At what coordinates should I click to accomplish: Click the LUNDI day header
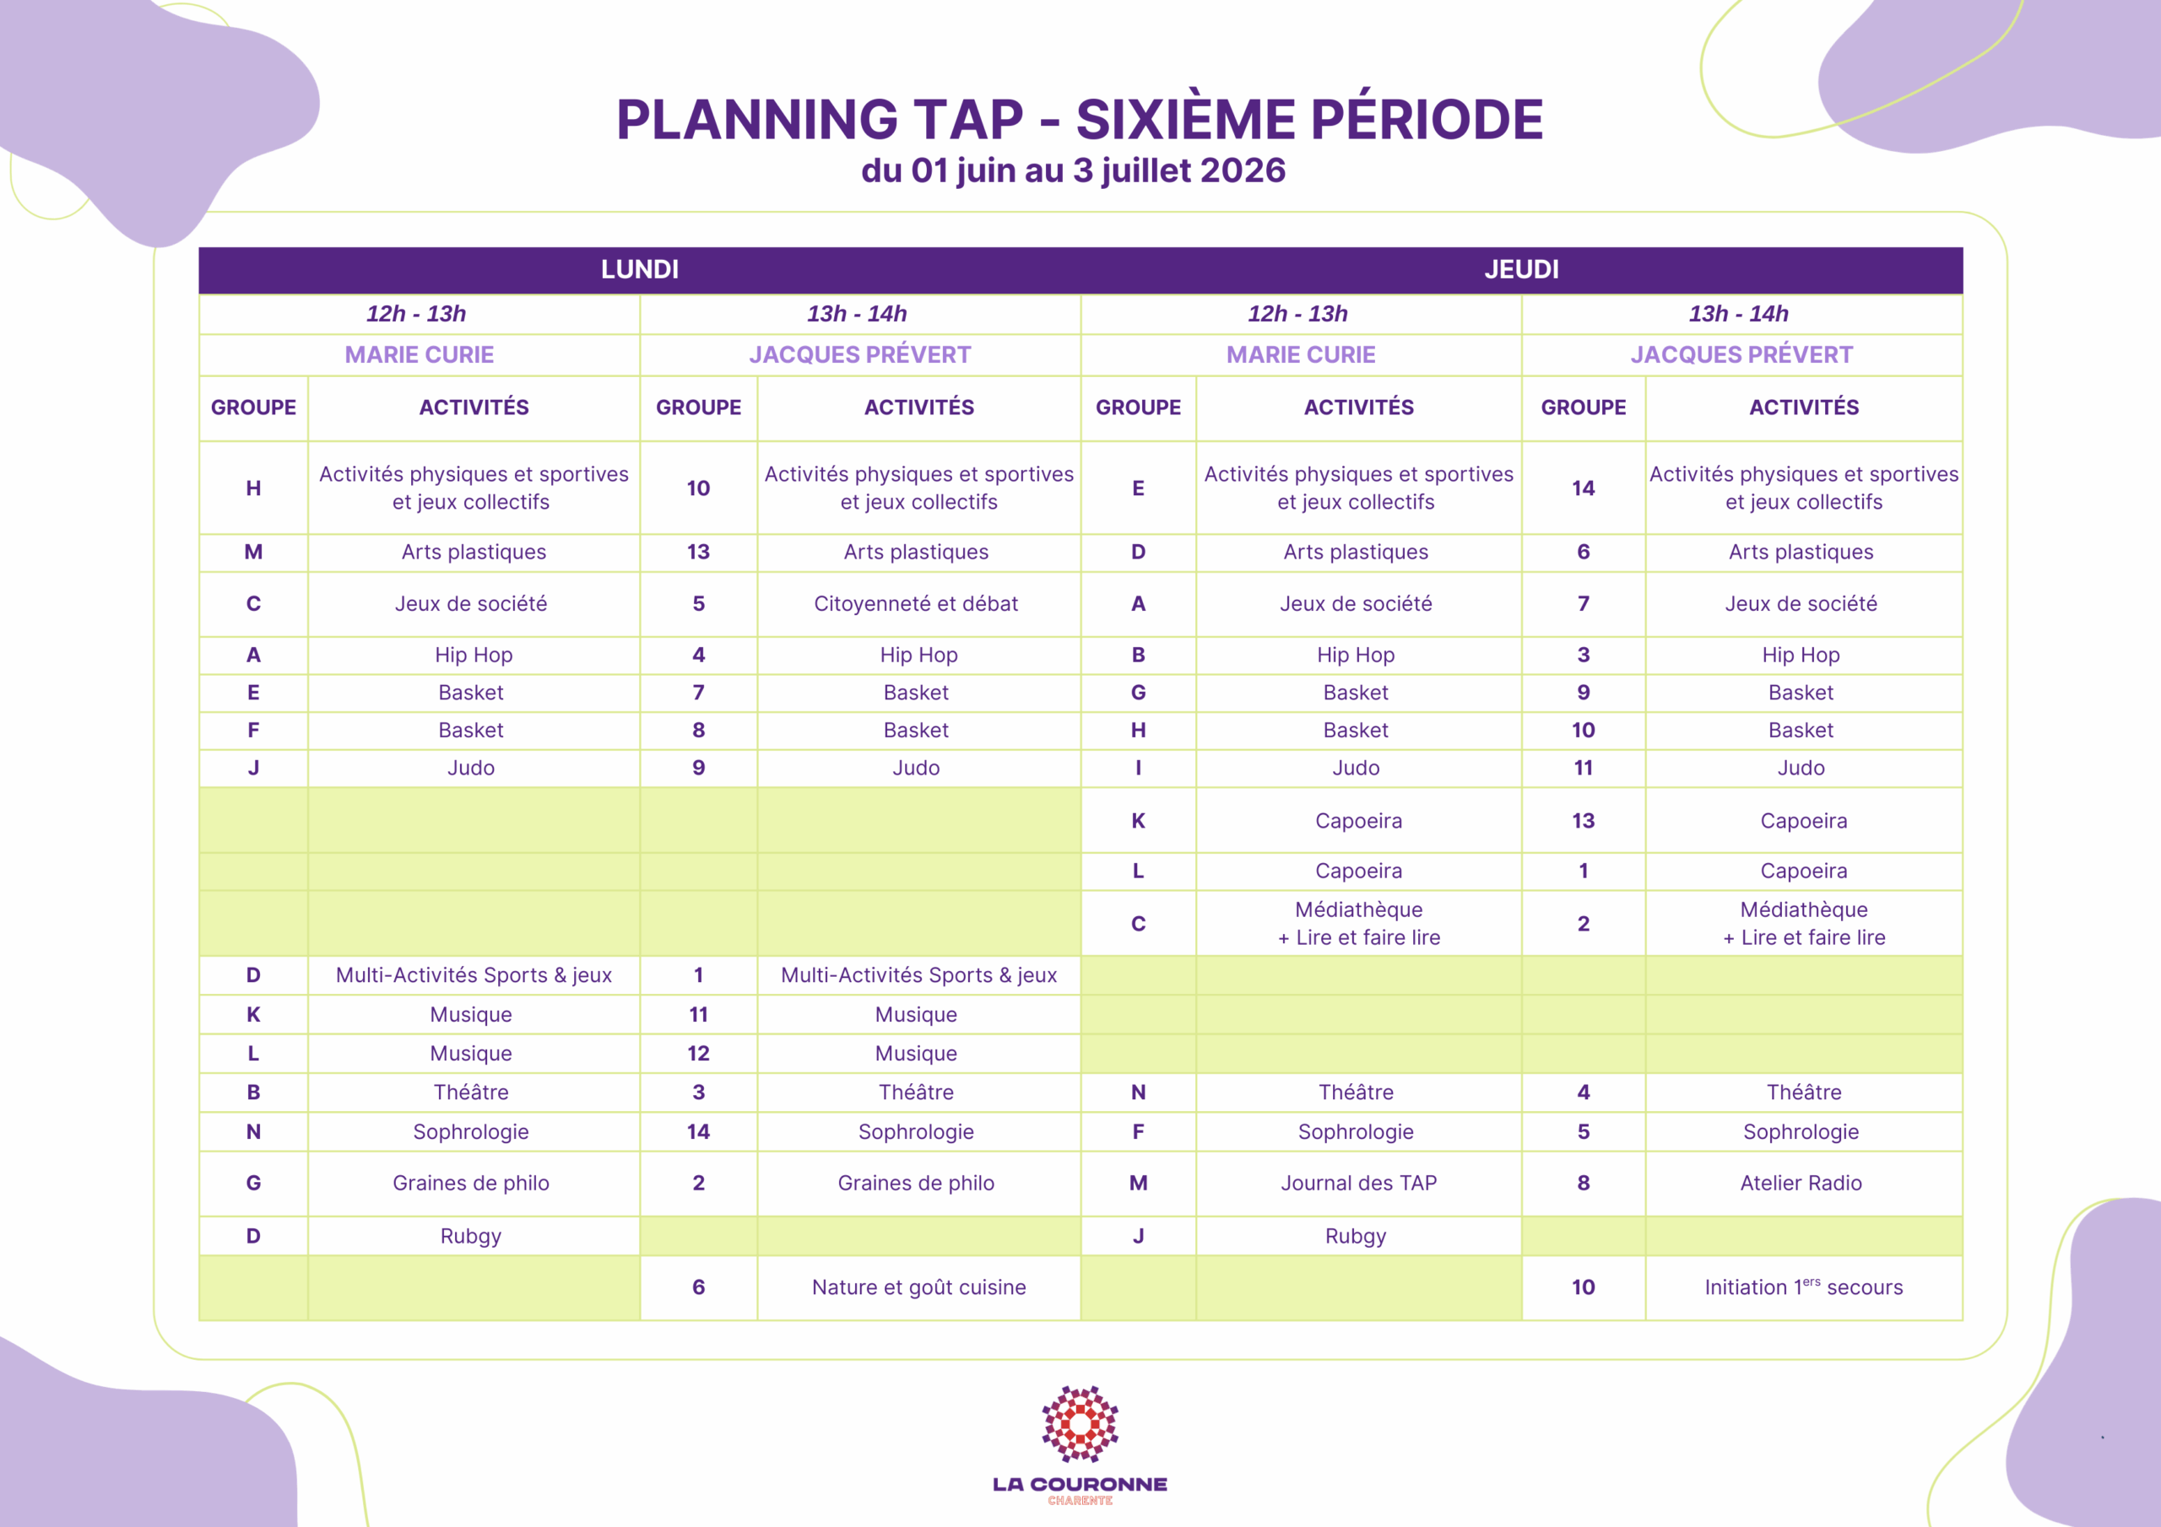point(639,269)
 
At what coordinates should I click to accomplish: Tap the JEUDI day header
point(1521,269)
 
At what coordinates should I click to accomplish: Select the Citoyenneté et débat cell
point(916,604)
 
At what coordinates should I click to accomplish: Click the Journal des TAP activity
point(1358,1183)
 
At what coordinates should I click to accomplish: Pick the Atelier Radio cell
point(1801,1183)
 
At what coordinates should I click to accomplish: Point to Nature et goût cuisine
point(918,1287)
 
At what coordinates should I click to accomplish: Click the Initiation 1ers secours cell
point(1803,1287)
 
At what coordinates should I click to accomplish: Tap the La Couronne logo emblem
point(1080,1423)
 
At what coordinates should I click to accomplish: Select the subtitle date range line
point(1073,170)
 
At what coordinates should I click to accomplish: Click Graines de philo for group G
point(470,1183)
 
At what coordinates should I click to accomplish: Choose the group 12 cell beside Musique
point(698,1054)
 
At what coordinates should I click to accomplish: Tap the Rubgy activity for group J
point(1356,1236)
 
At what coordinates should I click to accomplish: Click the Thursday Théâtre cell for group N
point(1356,1093)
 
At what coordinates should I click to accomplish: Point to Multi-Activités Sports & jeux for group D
point(474,975)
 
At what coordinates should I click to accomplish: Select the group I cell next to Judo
point(1138,768)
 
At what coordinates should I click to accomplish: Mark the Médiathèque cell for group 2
point(1803,923)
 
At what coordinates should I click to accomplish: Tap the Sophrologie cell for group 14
point(916,1132)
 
